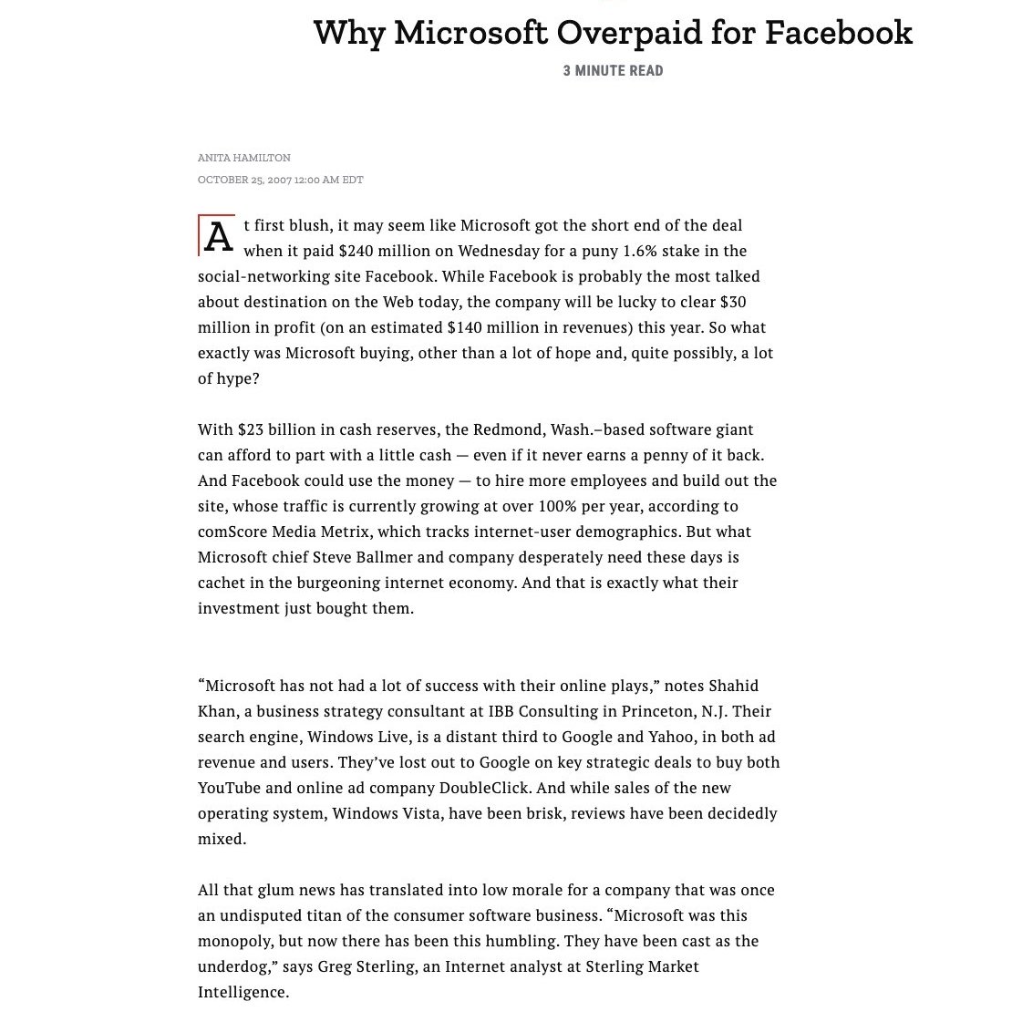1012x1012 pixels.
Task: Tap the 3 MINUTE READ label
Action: pos(613,71)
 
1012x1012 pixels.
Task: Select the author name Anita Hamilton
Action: pos(244,158)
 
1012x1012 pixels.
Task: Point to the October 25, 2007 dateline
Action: pos(280,180)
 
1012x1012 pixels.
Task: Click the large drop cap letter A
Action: pos(218,237)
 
